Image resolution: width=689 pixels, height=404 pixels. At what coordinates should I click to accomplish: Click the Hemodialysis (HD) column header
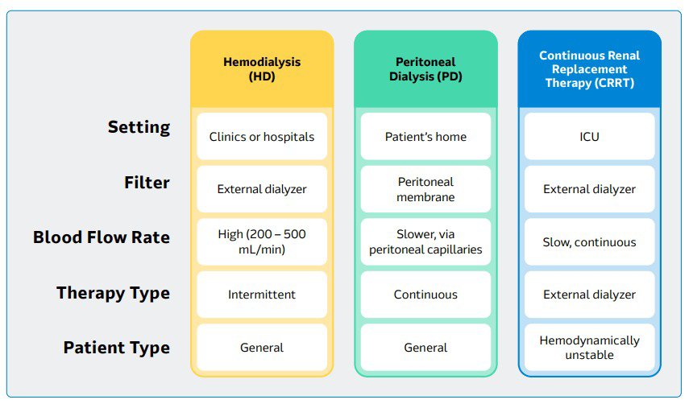(x=262, y=69)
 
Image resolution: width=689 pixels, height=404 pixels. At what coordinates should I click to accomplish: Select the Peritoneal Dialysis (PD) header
(x=425, y=69)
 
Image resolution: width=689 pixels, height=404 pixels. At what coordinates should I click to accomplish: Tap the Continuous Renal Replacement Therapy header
(x=589, y=69)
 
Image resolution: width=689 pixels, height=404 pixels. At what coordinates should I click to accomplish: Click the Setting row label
(x=139, y=127)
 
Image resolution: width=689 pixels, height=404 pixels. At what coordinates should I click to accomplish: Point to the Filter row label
(x=146, y=183)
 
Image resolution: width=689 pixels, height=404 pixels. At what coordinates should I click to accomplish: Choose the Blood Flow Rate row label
(x=102, y=237)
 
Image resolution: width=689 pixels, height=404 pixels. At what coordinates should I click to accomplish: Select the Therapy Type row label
(x=113, y=293)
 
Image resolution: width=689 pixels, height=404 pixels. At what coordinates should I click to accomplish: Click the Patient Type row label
(x=117, y=348)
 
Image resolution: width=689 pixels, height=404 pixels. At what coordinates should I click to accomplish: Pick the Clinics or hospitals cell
(x=262, y=137)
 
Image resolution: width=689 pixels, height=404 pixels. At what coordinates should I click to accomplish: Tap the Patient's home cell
(x=425, y=137)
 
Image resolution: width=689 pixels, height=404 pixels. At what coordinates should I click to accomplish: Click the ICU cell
(x=589, y=137)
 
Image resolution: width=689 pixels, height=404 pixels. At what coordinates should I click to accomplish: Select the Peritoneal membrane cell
(x=425, y=190)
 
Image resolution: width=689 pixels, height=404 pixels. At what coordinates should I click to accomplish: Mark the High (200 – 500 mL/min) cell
(x=262, y=242)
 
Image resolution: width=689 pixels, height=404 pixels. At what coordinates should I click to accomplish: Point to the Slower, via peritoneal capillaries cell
(x=425, y=242)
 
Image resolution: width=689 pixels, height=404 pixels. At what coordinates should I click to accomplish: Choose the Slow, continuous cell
(x=589, y=242)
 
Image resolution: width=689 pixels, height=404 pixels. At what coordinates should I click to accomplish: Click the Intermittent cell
(x=262, y=295)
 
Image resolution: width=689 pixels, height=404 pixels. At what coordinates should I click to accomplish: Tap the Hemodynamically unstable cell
(x=589, y=348)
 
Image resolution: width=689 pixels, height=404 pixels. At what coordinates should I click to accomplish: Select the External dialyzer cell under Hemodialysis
(x=262, y=190)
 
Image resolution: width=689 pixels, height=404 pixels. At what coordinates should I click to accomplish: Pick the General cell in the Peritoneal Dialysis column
(x=425, y=348)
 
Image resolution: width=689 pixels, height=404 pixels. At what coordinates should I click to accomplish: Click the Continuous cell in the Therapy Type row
(x=425, y=295)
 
